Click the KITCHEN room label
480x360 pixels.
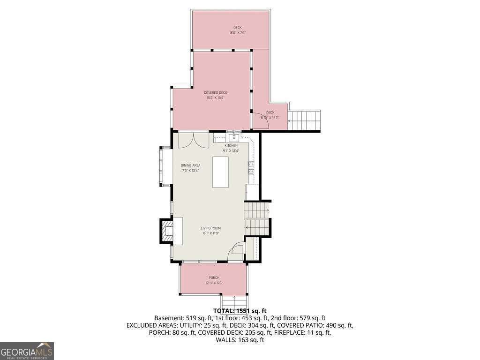click(x=231, y=146)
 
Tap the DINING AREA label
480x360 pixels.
click(x=191, y=165)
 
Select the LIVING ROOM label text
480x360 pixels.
click(x=211, y=228)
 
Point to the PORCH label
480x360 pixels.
click(x=214, y=278)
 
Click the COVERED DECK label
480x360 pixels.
click(x=215, y=93)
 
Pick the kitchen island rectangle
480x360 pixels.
click(x=220, y=172)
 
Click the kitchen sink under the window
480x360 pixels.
click(x=233, y=137)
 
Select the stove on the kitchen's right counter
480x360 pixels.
click(x=251, y=167)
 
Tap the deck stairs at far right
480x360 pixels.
click(x=305, y=120)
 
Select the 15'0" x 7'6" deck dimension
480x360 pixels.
click(x=238, y=33)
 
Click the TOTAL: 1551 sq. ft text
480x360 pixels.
click(x=240, y=310)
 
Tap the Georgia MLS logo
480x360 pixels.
click(x=27, y=351)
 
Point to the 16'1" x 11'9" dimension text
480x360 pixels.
click(x=211, y=233)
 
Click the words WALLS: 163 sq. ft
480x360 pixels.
click(x=240, y=339)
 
